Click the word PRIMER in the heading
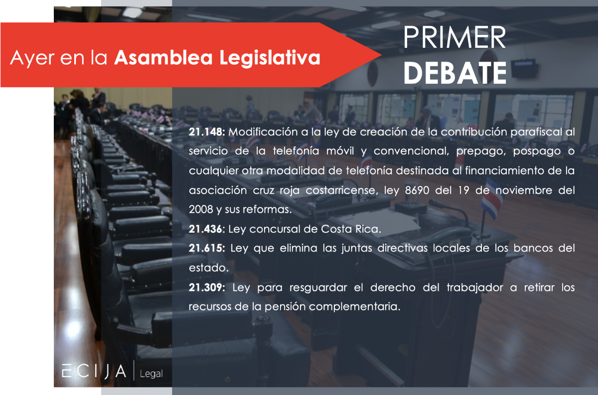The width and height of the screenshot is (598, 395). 454,37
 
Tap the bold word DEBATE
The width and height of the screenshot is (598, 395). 454,73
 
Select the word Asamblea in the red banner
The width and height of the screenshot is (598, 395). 163,57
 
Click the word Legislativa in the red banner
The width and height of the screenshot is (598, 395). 270,58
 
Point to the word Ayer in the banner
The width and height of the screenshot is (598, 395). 32,58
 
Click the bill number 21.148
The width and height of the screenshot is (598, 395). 207,132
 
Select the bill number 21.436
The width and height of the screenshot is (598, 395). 205,229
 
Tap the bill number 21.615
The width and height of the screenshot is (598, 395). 207,248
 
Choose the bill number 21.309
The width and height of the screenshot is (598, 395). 207,287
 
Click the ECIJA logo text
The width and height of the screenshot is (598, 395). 94,371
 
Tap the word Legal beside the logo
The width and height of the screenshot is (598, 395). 151,374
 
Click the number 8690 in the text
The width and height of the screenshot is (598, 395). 417,190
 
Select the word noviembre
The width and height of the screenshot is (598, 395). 524,190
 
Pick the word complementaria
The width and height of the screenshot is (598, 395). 355,307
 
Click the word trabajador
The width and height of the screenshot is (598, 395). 475,288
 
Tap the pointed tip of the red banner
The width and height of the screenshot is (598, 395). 381,55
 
